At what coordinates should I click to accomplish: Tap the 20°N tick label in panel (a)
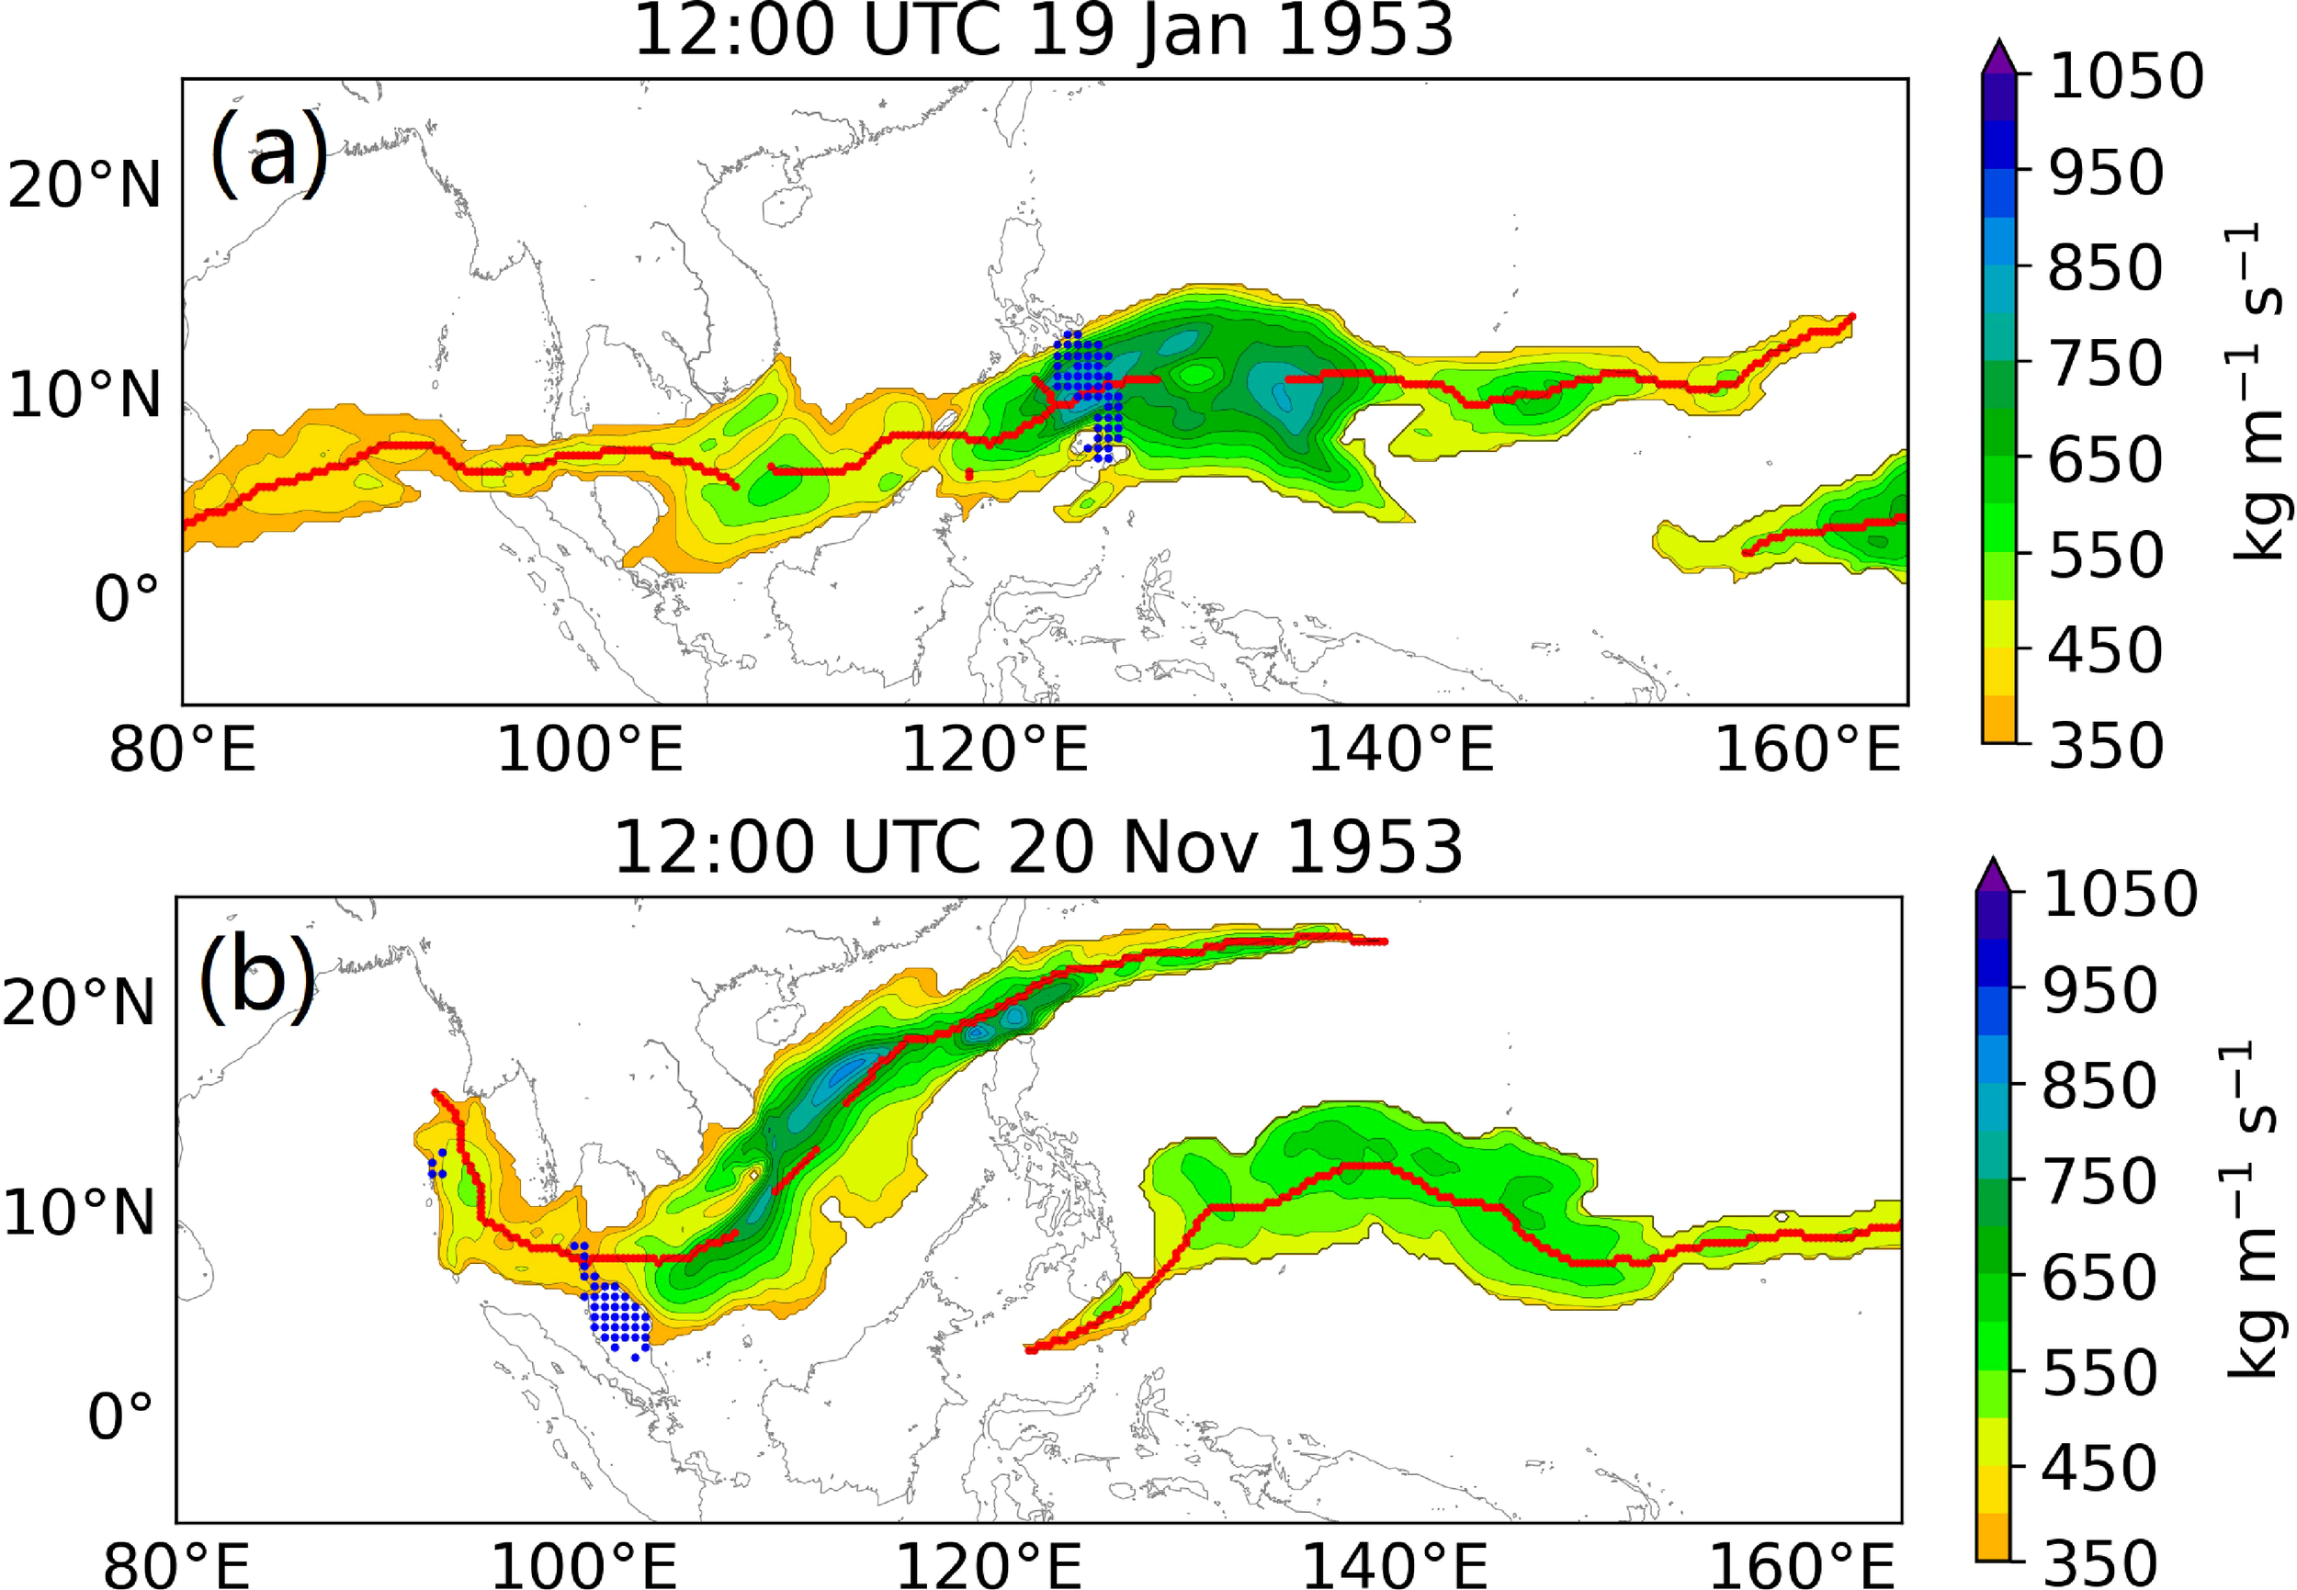click(84, 186)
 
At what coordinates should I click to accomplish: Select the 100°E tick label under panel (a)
click(589, 750)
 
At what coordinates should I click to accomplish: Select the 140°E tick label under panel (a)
click(1399, 750)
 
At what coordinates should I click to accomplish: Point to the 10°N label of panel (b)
click(80, 1213)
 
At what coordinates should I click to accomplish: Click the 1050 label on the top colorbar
click(2124, 77)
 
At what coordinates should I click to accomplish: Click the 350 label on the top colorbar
click(2105, 745)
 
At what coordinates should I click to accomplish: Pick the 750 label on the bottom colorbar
click(2099, 1182)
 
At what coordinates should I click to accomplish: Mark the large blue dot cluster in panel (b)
click(617, 1313)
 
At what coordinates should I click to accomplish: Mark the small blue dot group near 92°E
click(436, 1165)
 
